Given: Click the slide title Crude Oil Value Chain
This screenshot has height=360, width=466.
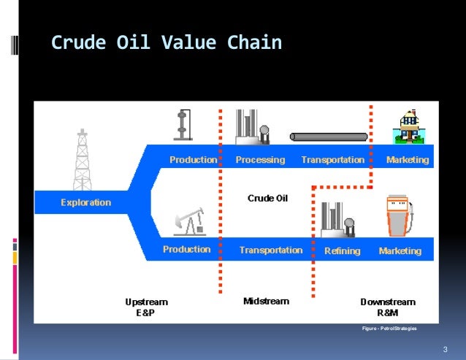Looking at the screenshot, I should [x=166, y=43].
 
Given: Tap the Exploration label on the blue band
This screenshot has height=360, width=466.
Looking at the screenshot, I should [x=86, y=202].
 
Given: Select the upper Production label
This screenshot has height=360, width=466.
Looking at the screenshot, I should [x=193, y=159].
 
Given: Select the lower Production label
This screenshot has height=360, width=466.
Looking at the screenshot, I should [x=186, y=250].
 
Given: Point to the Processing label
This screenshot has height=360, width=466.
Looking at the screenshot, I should [x=260, y=159].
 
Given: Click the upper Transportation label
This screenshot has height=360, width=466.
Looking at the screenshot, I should [x=332, y=159].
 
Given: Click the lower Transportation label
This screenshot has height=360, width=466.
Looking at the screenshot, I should [x=270, y=250].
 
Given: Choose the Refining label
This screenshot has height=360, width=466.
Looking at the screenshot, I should [x=342, y=250].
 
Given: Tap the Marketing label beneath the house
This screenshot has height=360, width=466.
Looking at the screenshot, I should [x=408, y=159].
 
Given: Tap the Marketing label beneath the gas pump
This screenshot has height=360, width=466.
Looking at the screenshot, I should [x=400, y=250].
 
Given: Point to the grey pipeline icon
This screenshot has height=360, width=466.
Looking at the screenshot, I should [x=329, y=137].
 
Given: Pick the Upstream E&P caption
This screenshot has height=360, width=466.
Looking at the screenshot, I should [x=146, y=306].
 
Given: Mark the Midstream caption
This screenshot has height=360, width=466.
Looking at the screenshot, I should [x=266, y=301].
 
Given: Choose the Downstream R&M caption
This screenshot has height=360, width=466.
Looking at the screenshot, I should [x=388, y=306].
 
